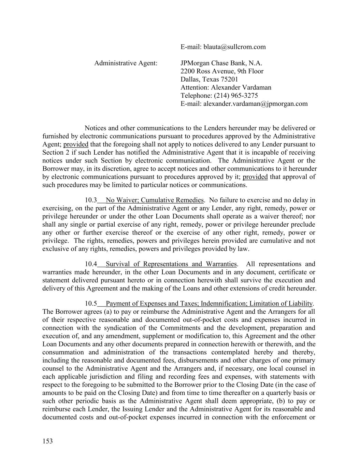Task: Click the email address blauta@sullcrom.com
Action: point(234,47)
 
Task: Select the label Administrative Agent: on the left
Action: point(126,63)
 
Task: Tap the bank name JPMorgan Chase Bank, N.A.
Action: point(221,63)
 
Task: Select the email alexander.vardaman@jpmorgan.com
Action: point(255,104)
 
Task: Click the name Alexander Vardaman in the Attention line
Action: point(241,87)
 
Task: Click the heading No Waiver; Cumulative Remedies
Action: point(155,200)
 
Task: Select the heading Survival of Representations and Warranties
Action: point(171,264)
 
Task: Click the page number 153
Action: point(48,441)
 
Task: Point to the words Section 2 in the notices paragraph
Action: point(56,152)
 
